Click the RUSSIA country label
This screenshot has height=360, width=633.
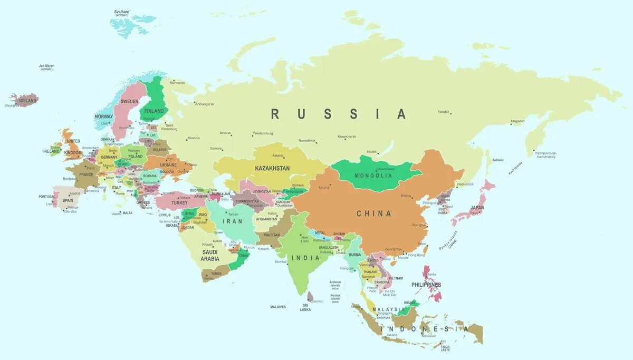[x=339, y=114]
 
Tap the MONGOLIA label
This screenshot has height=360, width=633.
[x=373, y=176]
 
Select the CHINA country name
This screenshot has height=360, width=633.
[x=374, y=213]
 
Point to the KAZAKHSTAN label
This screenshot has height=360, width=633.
[x=272, y=168]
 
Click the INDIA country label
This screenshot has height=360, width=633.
[x=304, y=258]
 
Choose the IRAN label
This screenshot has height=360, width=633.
[x=233, y=221]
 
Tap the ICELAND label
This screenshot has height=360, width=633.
[x=28, y=101]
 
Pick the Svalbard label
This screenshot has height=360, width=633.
[x=122, y=12]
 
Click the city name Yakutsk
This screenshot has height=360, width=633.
[x=444, y=112]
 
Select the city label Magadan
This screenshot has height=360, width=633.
[x=518, y=121]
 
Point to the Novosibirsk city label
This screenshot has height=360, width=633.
[x=307, y=141]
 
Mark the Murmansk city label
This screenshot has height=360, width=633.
[x=177, y=83]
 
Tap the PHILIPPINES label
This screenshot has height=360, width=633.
[x=426, y=285]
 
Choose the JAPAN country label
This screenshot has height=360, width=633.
[x=477, y=208]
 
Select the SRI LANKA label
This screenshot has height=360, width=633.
[x=305, y=307]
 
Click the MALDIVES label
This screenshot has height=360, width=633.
[x=278, y=307]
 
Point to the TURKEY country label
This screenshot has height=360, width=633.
[x=179, y=202]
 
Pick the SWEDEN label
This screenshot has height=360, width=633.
[x=129, y=101]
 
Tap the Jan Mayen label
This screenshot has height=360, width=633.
[x=46, y=66]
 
